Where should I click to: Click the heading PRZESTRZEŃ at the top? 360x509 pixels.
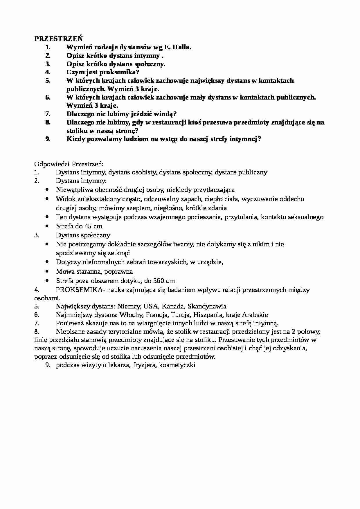click(59, 39)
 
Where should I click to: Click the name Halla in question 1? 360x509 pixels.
click(182, 47)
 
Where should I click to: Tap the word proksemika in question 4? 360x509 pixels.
click(119, 72)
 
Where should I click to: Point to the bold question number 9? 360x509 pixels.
click(48, 139)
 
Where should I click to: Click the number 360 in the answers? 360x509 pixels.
click(159, 281)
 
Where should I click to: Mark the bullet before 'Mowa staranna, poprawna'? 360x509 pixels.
click(47, 271)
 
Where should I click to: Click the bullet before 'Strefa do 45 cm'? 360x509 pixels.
click(47, 226)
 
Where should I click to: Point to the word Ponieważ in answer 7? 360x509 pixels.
click(70, 323)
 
